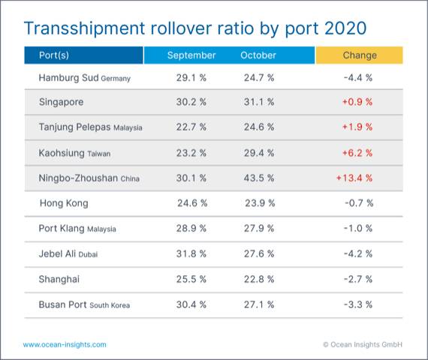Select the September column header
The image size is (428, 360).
tap(191, 55)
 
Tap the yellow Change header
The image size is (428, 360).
tap(359, 55)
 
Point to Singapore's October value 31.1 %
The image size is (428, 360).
tap(258, 102)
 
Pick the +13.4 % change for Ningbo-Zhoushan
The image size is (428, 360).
tap(354, 178)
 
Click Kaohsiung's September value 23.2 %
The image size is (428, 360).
tap(191, 153)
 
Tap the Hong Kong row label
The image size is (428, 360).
tap(63, 203)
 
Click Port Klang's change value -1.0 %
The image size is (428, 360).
tap(358, 229)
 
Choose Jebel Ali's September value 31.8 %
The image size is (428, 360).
tap(191, 254)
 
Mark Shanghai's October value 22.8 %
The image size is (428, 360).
tap(258, 279)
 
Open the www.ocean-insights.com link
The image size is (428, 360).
tap(65, 344)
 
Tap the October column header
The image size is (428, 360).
tap(258, 55)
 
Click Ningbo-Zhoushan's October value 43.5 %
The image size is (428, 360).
tap(258, 178)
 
